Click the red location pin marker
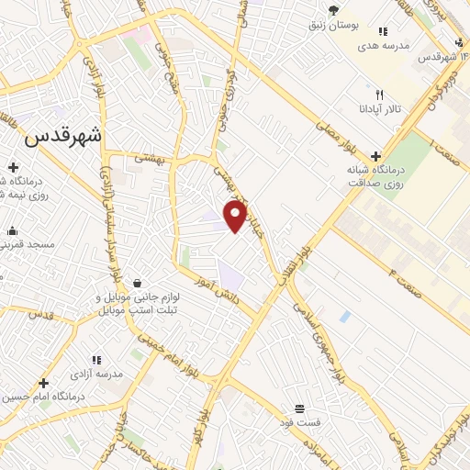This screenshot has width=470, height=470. pyautogui.click(x=236, y=217)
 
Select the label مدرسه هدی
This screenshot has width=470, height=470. pyautogui.click(x=384, y=46)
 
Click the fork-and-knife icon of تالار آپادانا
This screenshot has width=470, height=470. pyautogui.click(x=377, y=95)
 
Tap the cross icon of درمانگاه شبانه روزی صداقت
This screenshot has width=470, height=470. pyautogui.click(x=375, y=156)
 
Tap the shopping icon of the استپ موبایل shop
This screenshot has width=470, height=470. pyautogui.click(x=137, y=282)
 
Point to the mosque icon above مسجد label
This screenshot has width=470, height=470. pyautogui.click(x=12, y=231)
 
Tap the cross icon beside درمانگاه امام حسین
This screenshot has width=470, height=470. pyautogui.click(x=42, y=382)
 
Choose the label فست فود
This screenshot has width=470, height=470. pyautogui.click(x=299, y=422)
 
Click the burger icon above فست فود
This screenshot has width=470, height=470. pyautogui.click(x=299, y=408)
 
